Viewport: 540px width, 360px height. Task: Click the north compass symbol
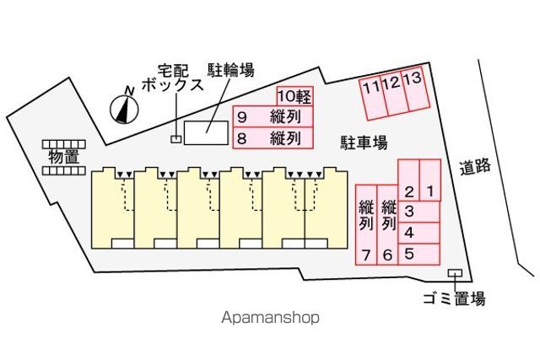coord(124,110)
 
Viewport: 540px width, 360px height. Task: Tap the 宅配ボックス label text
coord(172,78)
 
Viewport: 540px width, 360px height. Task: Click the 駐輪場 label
coord(230,70)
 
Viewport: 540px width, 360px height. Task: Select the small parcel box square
coord(176,139)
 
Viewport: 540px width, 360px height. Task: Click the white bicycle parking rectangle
coord(206,132)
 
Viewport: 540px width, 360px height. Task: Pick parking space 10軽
coord(294,96)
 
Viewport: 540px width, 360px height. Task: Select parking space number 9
coord(273,116)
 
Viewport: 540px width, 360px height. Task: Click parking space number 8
coord(273,138)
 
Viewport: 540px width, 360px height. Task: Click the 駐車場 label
coord(364,142)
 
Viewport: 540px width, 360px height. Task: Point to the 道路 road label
coord(475,167)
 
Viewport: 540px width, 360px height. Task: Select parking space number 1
coord(430,180)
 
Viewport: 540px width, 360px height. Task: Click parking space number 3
coord(418,212)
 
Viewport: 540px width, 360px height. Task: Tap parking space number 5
coord(418,255)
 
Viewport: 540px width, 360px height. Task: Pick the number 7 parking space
coord(366,225)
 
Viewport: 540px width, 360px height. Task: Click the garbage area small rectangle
coord(455,273)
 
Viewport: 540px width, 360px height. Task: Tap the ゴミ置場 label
coord(454,298)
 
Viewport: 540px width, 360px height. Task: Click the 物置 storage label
coord(64,157)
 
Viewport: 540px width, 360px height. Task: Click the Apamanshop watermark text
coord(270,317)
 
